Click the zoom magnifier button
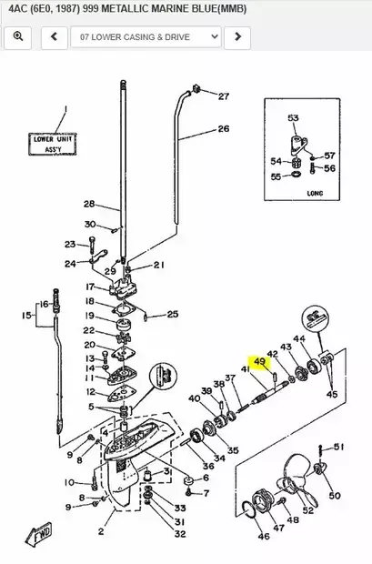point(18,36)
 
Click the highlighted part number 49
point(260,362)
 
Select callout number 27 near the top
point(224,96)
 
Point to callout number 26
point(224,129)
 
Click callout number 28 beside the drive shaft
point(89,204)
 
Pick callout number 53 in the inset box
point(293,119)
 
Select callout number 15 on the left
point(26,316)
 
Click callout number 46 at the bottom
point(263,537)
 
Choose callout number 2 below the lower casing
point(101,529)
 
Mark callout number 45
point(332,394)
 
